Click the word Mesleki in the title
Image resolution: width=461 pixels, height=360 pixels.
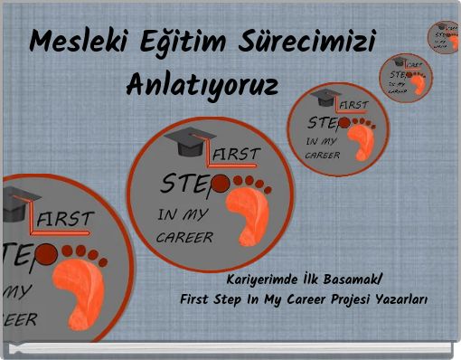[x=80, y=43]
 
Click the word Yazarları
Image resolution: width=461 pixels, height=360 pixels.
[x=402, y=299]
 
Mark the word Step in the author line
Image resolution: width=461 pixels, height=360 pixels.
[x=227, y=299]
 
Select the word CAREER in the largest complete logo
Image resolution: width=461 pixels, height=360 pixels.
[x=184, y=239]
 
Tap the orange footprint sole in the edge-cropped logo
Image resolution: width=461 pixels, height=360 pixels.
[x=80, y=286]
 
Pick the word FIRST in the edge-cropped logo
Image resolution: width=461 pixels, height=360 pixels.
[x=61, y=219]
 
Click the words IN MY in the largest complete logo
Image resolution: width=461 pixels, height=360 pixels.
[x=180, y=215]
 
